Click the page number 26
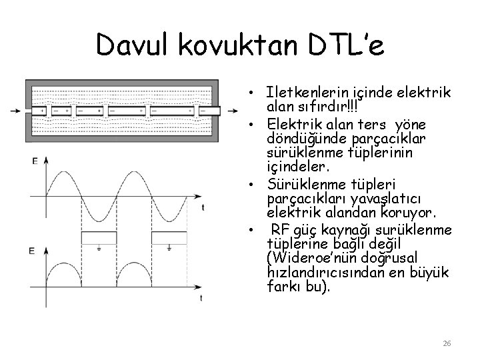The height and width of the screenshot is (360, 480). (x=447, y=343)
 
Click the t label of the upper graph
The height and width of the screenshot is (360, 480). (x=203, y=207)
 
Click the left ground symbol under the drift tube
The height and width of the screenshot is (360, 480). (x=98, y=248)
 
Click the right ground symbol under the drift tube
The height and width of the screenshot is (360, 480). (x=169, y=248)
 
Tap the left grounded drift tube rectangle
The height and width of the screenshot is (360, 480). (x=98, y=238)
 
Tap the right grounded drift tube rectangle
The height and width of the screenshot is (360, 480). (x=169, y=238)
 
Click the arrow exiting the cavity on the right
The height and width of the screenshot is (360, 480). (x=229, y=110)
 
